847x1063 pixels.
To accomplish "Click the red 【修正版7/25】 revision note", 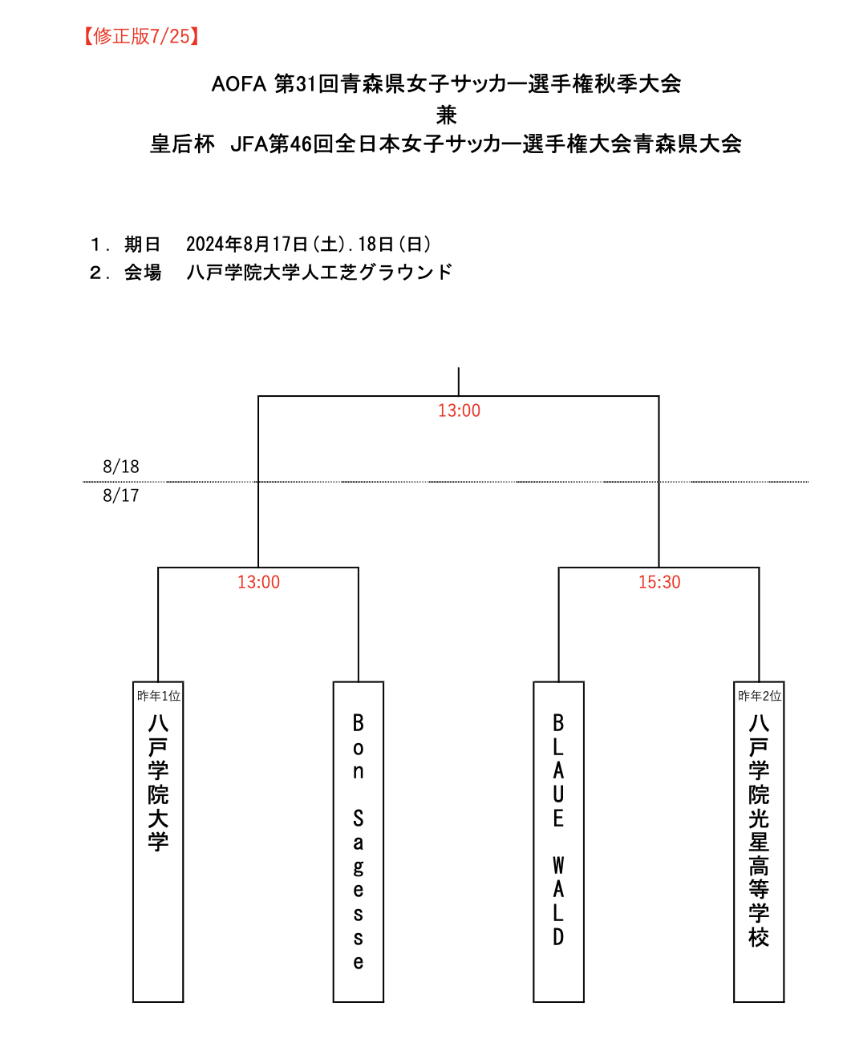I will click(x=141, y=36).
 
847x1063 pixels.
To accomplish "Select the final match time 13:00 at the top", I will click(x=459, y=410).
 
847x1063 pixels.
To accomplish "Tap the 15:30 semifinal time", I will click(x=659, y=582).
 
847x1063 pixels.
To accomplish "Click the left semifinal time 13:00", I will click(x=258, y=582).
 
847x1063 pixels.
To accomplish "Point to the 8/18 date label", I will click(x=121, y=467).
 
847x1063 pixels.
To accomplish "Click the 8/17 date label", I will click(x=121, y=495).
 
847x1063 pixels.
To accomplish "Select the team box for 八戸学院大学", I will click(x=158, y=842).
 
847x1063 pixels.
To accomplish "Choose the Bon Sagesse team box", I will click(x=359, y=842).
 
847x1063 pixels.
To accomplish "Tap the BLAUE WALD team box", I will click(x=559, y=842).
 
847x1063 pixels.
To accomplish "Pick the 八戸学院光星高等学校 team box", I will click(x=759, y=842).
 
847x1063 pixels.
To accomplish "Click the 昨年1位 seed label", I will click(x=159, y=696).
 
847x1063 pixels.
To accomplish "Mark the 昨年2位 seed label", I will click(x=760, y=696).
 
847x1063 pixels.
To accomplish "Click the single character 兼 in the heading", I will click(x=447, y=115).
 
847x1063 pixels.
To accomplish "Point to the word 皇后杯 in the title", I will click(x=183, y=144).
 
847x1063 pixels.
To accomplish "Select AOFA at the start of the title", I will click(x=239, y=84).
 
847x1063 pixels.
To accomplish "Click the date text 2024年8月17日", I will click(x=247, y=245).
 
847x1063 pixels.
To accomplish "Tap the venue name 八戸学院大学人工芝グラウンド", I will click(x=319, y=273).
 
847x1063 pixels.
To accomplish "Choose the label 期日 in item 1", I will click(x=143, y=245).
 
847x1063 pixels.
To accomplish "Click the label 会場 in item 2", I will click(x=143, y=273).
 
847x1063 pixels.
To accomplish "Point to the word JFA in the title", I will click(x=249, y=144).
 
